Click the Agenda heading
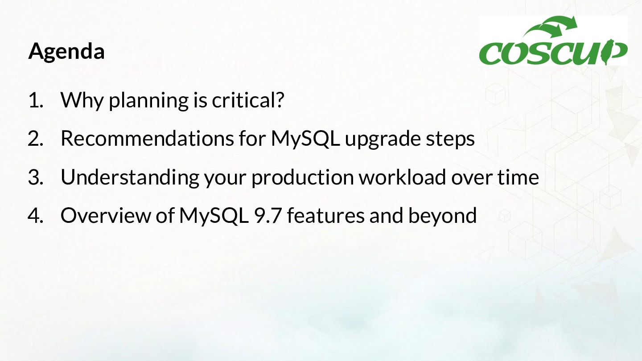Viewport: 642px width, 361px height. (66, 52)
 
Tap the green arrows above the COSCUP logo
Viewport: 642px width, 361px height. (550, 27)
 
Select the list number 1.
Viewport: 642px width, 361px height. (36, 100)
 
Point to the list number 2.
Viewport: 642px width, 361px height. (36, 139)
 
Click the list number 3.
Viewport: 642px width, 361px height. (36, 177)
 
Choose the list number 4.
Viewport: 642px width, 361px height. (36, 216)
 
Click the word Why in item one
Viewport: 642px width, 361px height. (82, 101)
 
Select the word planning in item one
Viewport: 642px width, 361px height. (148, 101)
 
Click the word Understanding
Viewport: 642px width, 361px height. (130, 177)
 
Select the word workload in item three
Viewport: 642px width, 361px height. (403, 177)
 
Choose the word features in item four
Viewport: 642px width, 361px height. (325, 215)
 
